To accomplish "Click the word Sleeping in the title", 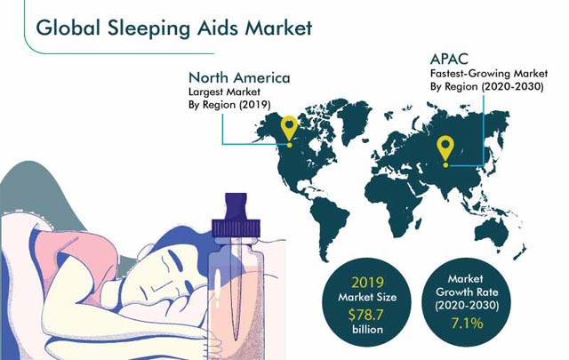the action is (x=149, y=28).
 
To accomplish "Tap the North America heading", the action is (x=239, y=77).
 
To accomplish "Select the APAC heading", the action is (x=449, y=60).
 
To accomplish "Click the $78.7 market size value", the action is (x=365, y=315).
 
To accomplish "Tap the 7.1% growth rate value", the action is (x=467, y=323).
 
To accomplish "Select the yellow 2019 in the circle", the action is (x=367, y=283).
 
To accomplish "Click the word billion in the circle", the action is (x=367, y=330).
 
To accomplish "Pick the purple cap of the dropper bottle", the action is (x=236, y=218).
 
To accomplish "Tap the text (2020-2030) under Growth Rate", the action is (x=467, y=306).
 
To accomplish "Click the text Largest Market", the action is (x=224, y=92).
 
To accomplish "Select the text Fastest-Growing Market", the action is (x=489, y=74).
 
